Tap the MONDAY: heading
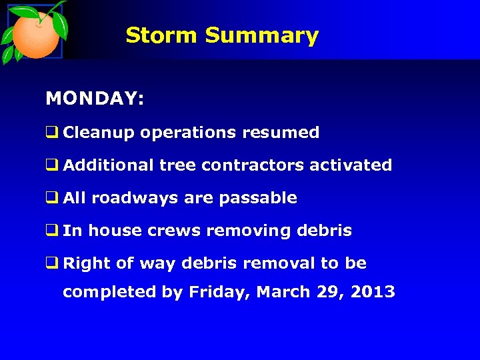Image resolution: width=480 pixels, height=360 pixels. pyautogui.click(x=95, y=99)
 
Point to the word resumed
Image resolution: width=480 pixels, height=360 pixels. pyautogui.click(x=281, y=133)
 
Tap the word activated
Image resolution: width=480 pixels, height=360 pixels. pyautogui.click(x=351, y=165)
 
